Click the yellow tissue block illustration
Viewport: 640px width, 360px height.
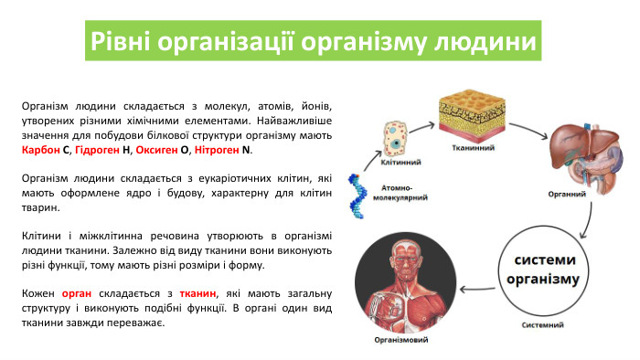click(474, 115)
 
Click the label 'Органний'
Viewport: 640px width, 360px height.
click(567, 194)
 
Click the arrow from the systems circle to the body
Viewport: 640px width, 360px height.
click(477, 291)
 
